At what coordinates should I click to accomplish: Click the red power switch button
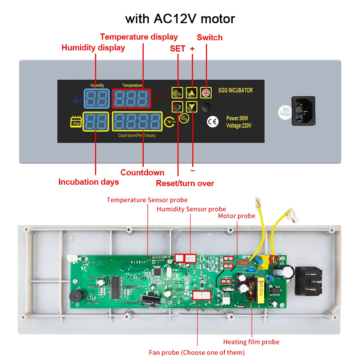click(x=206, y=93)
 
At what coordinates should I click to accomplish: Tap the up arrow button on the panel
click(x=192, y=93)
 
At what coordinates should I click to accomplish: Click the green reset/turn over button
click(x=177, y=107)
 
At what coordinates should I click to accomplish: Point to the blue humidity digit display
click(x=97, y=98)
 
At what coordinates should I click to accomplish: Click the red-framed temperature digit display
click(x=131, y=98)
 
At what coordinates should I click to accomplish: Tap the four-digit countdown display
click(x=137, y=122)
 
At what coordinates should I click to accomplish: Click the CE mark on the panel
click(x=212, y=122)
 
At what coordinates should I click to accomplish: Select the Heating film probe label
click(x=251, y=342)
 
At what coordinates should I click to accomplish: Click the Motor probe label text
click(x=237, y=216)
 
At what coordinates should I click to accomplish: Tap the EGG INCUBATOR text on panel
click(x=236, y=90)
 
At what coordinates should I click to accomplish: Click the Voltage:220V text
click(x=239, y=126)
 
